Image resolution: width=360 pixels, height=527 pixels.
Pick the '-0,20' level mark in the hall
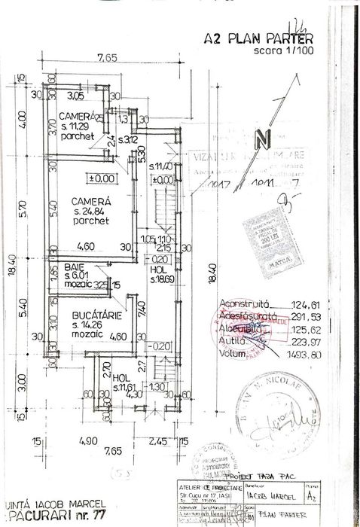[160, 346]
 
